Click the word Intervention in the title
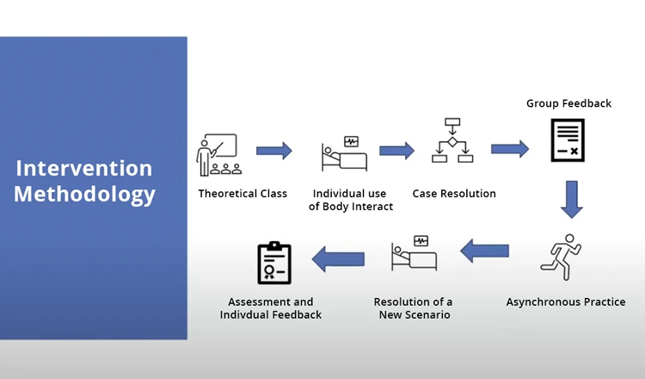click(x=84, y=168)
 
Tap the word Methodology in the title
click(x=84, y=194)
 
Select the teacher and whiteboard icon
click(x=218, y=155)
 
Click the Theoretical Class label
click(x=243, y=194)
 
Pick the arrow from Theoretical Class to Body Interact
click(x=274, y=151)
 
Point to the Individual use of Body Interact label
click(x=350, y=200)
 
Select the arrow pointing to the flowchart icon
click(x=396, y=151)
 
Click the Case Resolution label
click(x=454, y=194)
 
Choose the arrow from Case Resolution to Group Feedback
click(x=510, y=148)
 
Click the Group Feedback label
click(x=568, y=103)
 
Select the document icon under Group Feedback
click(x=568, y=140)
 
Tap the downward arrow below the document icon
click(x=571, y=199)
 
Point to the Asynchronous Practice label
click(x=566, y=302)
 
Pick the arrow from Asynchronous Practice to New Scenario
click(x=484, y=251)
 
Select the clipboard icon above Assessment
click(x=274, y=263)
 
